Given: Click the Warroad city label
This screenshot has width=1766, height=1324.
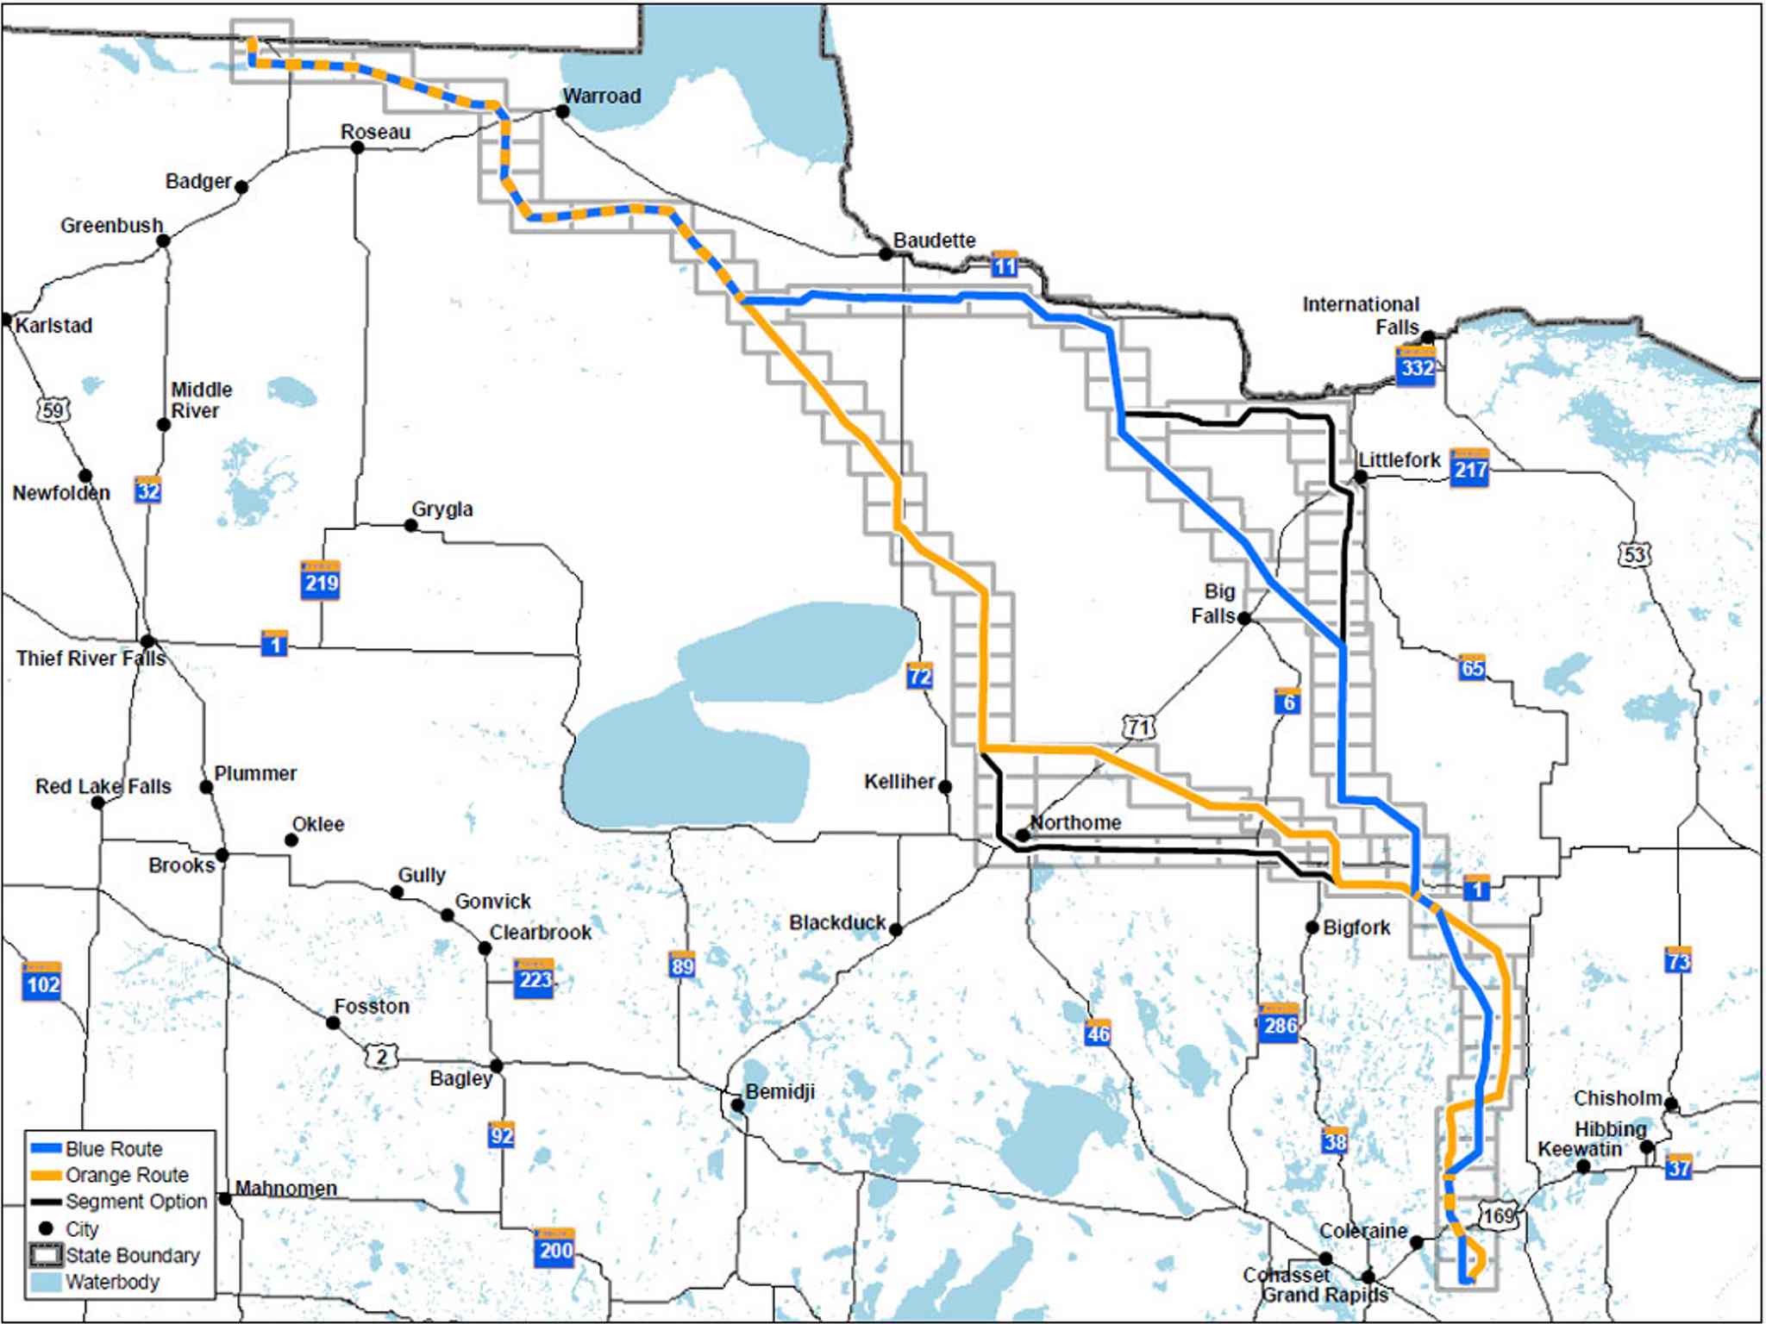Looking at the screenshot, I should click(602, 96).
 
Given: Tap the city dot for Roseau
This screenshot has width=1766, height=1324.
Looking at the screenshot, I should click(358, 147).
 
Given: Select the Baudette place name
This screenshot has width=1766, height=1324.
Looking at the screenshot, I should click(934, 240).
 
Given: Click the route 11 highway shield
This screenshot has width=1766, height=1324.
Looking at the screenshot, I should click(1005, 265).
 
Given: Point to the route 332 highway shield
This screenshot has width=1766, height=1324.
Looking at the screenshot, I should click(1417, 367).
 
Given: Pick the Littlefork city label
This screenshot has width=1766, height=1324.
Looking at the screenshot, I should click(1399, 459).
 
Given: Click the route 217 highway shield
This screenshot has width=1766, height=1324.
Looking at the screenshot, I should click(1469, 468).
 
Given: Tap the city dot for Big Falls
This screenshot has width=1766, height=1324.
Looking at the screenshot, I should click(1243, 618).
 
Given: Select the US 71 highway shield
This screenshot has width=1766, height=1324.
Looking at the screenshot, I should click(1139, 728).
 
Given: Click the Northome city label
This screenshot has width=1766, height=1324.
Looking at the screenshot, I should click(1075, 822).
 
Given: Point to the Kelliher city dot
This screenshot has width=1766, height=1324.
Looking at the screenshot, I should click(945, 786).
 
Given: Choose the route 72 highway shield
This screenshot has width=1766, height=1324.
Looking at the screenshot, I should click(919, 676).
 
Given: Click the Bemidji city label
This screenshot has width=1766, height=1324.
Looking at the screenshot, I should click(780, 1091).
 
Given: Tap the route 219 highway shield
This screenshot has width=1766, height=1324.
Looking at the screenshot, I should click(321, 582).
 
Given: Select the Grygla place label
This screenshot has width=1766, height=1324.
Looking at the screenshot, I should click(442, 509).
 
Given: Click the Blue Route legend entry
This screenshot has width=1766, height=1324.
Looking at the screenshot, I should click(113, 1149).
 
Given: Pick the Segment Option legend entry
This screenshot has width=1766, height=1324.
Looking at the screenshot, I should click(135, 1202).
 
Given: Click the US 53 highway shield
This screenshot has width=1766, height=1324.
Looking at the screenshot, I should click(1635, 554).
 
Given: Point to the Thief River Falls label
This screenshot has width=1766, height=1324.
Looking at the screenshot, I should click(91, 659).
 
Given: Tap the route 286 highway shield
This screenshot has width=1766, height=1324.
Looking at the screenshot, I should click(1279, 1024).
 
